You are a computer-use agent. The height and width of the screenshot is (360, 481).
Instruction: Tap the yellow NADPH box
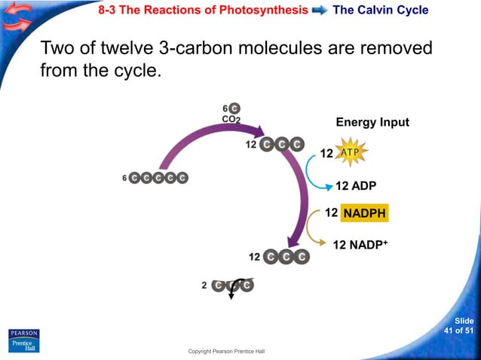pos(364,214)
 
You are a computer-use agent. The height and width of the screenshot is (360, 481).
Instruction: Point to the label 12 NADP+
pos(360,245)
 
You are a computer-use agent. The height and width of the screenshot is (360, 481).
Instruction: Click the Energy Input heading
pos(372,123)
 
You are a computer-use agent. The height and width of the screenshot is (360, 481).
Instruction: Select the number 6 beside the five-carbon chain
pos(124,178)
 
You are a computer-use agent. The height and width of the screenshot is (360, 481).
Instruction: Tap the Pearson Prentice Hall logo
pos(23,340)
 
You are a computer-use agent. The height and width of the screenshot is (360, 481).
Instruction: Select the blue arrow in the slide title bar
pos(320,11)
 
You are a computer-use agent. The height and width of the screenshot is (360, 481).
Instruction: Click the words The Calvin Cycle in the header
pos(380,11)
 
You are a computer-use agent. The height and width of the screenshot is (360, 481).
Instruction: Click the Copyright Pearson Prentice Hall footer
pos(226,352)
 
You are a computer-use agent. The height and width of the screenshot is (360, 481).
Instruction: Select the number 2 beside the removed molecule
pos(204,285)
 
